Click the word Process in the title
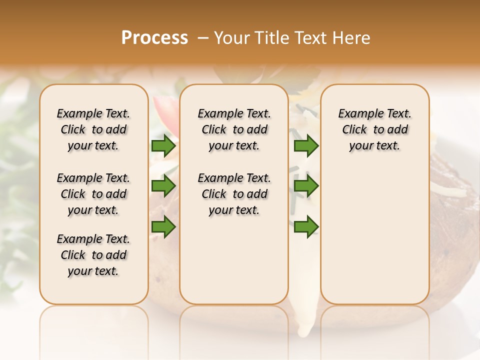pyautogui.click(x=154, y=37)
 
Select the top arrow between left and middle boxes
pyautogui.click(x=163, y=145)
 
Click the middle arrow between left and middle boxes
pyautogui.click(x=163, y=186)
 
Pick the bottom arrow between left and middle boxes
pyautogui.click(x=163, y=226)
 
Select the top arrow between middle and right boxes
pyautogui.click(x=306, y=145)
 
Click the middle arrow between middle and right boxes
pyautogui.click(x=306, y=186)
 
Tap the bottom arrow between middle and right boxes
pyautogui.click(x=306, y=226)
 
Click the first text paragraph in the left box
pyautogui.click(x=93, y=129)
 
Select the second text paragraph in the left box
pyautogui.click(x=93, y=194)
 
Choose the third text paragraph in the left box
pyautogui.click(x=93, y=255)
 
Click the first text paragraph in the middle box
pyautogui.click(x=234, y=129)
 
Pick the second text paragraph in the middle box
pyautogui.click(x=234, y=194)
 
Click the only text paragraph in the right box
pyautogui.click(x=374, y=129)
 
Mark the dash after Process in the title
pyautogui.click(x=203, y=38)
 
